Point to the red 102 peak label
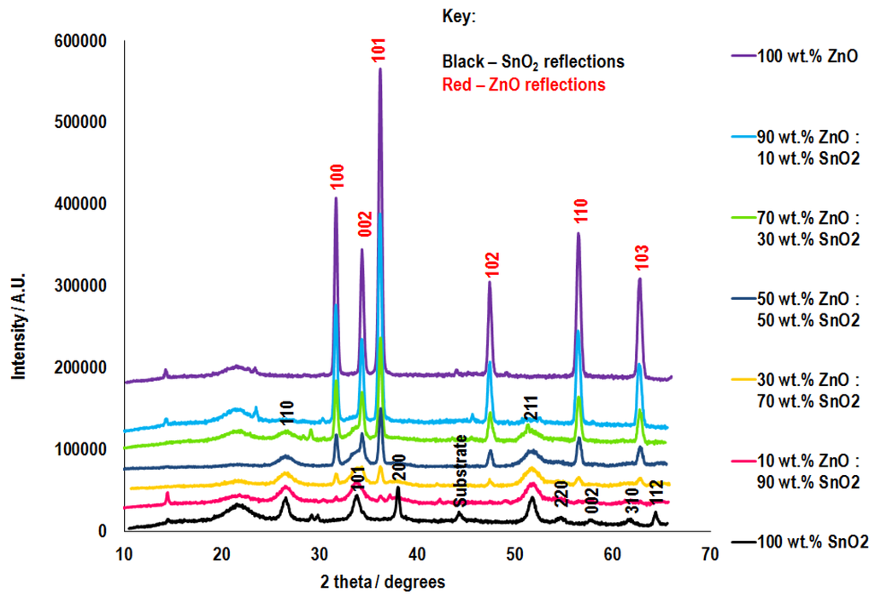pyautogui.click(x=490, y=265)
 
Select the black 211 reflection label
pyautogui.click(x=531, y=410)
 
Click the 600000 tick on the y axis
pyautogui.click(x=81, y=40)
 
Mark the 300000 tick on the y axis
pyautogui.click(x=81, y=285)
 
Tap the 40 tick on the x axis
pyautogui.click(x=416, y=554)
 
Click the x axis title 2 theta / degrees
pyautogui.click(x=382, y=582)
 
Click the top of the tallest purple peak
pyautogui.click(x=380, y=69)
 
